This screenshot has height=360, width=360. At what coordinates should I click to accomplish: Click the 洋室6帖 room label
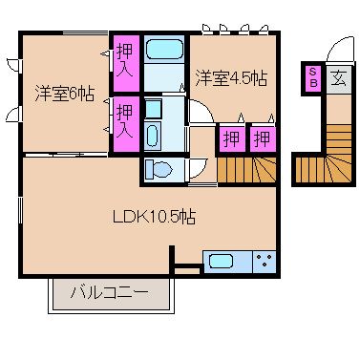(x=65, y=95)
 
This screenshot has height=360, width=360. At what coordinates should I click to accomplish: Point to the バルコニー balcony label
(x=110, y=294)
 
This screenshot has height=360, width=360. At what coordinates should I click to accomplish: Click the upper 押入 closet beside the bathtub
(x=125, y=59)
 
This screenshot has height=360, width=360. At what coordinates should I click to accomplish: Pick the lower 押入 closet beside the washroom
(x=125, y=121)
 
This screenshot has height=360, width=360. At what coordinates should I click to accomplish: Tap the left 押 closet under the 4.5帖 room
(x=230, y=139)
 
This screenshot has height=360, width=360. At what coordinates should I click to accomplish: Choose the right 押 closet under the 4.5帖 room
(x=261, y=139)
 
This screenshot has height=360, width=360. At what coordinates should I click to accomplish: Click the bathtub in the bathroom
(x=167, y=50)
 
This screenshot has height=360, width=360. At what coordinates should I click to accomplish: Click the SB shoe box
(x=312, y=79)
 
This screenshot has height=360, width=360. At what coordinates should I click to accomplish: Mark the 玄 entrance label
(x=339, y=79)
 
